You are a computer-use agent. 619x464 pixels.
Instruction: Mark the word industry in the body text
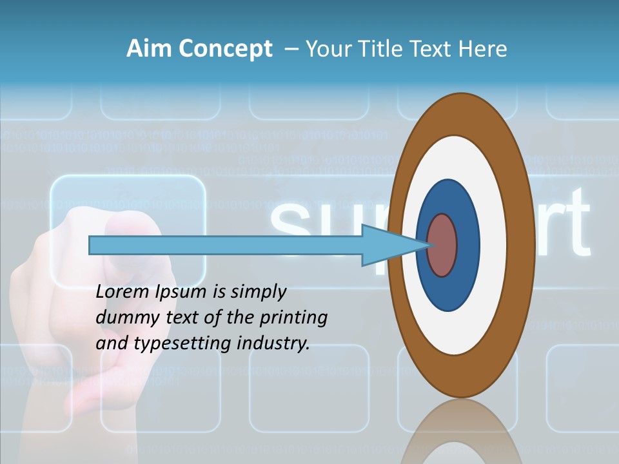pos(273,343)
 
